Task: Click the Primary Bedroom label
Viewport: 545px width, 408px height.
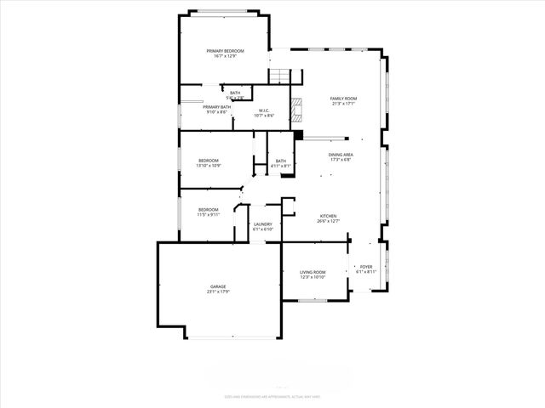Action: pos(225,51)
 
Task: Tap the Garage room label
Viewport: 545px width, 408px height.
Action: pos(219,286)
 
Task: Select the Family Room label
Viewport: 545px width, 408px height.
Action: pos(343,99)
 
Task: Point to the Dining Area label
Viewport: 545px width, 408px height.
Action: pos(341,155)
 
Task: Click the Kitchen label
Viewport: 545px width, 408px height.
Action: pos(328,216)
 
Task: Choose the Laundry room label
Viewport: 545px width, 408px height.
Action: pos(262,224)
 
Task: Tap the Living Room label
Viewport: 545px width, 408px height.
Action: pos(313,272)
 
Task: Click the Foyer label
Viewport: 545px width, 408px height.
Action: pos(365,267)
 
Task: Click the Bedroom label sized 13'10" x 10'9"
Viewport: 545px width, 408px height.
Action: pos(209,161)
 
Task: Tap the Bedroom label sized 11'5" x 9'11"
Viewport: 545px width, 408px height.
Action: pos(209,210)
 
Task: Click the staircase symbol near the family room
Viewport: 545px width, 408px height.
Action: pos(280,76)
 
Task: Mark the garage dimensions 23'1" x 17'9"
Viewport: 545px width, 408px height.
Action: pos(219,292)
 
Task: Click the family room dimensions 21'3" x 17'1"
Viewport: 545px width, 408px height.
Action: pos(343,105)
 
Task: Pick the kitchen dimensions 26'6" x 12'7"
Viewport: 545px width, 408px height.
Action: pos(328,221)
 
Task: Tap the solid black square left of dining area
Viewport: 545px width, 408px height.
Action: pos(298,134)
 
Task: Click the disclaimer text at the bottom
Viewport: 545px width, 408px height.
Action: pos(272,397)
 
